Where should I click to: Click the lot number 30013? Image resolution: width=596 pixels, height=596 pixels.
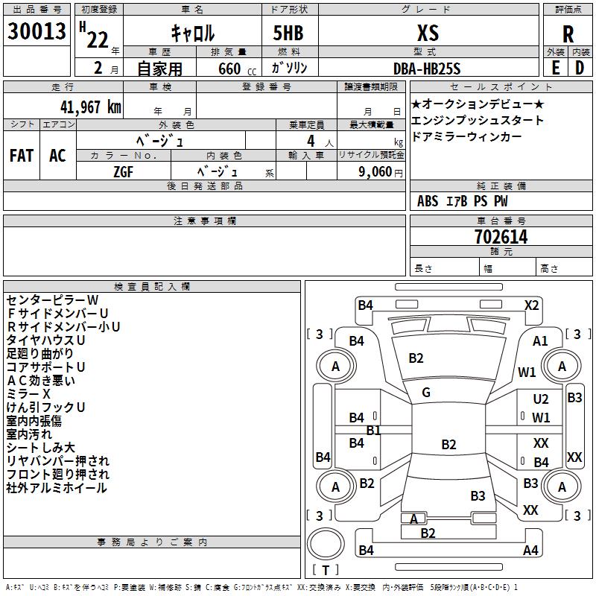pyautogui.click(x=37, y=32)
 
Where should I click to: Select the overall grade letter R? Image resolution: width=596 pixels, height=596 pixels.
pyautogui.click(x=568, y=34)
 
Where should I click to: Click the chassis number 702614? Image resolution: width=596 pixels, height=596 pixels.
pyautogui.click(x=501, y=237)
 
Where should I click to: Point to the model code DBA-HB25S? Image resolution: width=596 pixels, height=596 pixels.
pyautogui.click(x=427, y=68)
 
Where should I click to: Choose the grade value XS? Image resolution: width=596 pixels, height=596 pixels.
pyautogui.click(x=428, y=33)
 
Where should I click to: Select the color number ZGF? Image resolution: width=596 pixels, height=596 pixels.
pyautogui.click(x=124, y=171)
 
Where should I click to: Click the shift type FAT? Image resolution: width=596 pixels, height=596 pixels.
pyautogui.click(x=22, y=156)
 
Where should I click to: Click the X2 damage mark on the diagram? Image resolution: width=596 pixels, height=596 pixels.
pyautogui.click(x=531, y=305)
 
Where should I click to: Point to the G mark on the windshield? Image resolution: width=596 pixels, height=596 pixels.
pyautogui.click(x=425, y=393)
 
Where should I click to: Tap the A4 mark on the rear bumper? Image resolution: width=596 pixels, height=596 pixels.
pyautogui.click(x=530, y=551)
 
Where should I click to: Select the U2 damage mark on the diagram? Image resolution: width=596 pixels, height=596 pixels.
pyautogui.click(x=541, y=400)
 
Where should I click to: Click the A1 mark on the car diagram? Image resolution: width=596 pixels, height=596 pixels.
pyautogui.click(x=541, y=341)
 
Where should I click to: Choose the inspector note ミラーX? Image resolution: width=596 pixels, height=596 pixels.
pyautogui.click(x=29, y=393)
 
